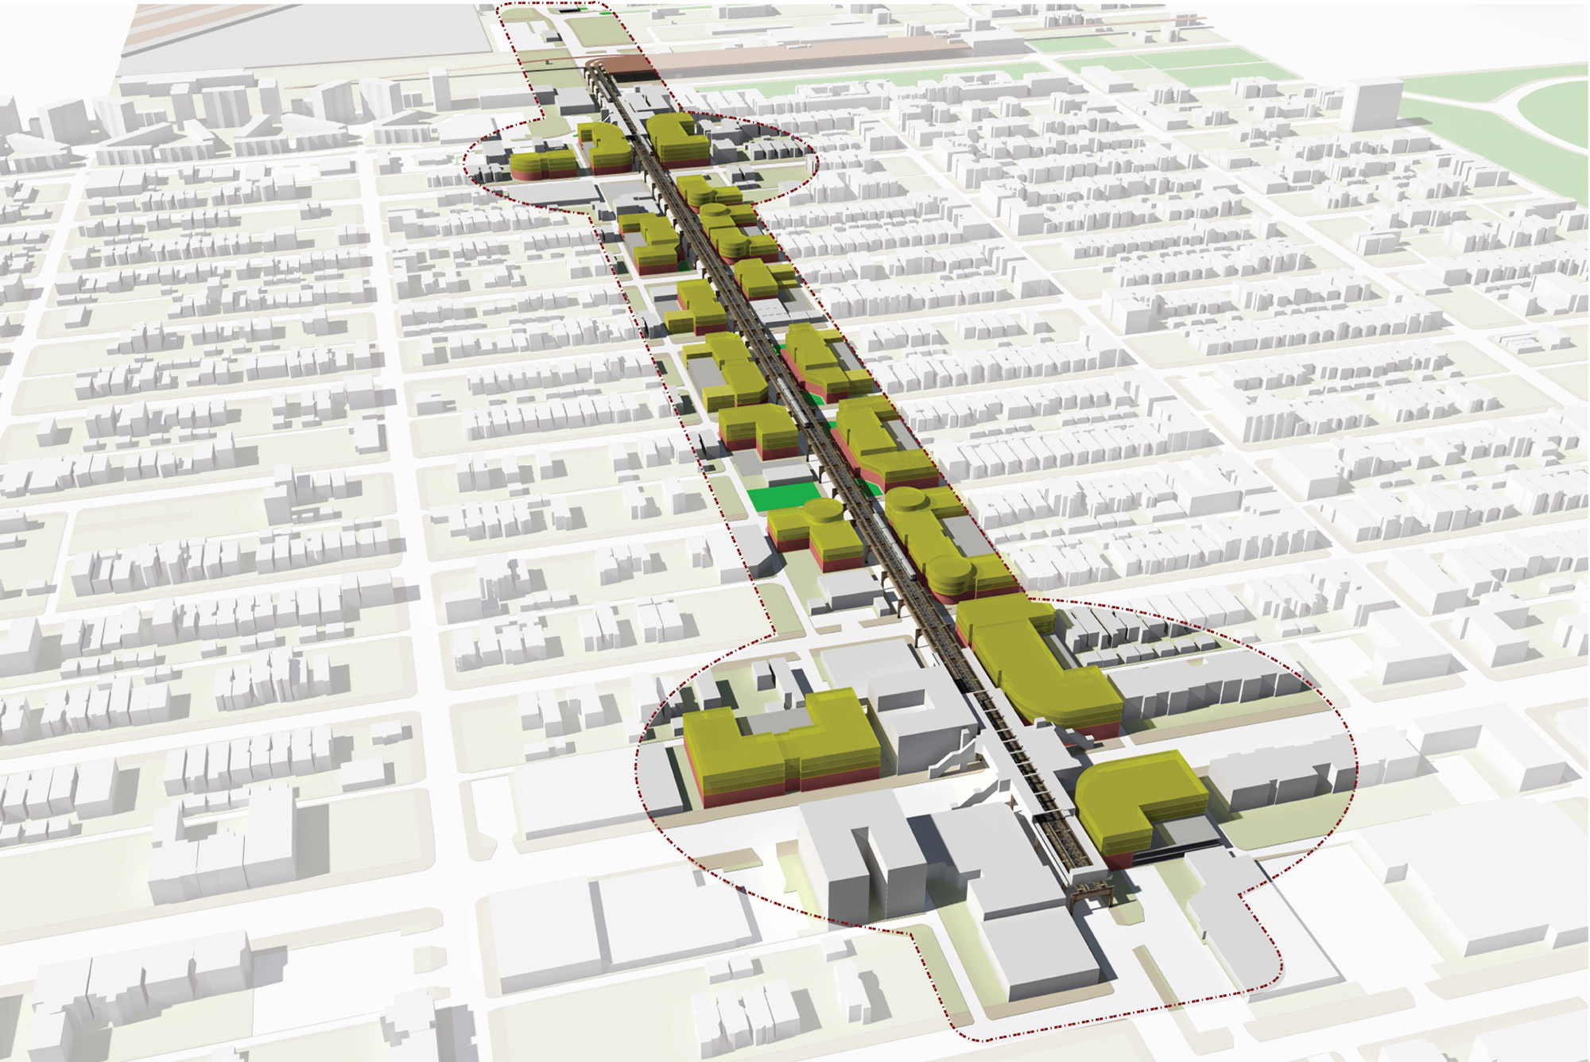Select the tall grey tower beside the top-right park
click(x=1372, y=103)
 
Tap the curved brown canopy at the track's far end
click(x=620, y=68)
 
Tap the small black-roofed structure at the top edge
click(x=571, y=10)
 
